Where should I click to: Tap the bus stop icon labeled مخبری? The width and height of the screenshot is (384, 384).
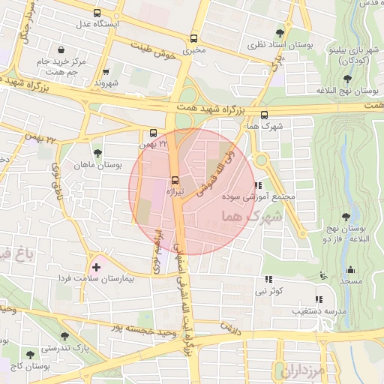coord(194,37)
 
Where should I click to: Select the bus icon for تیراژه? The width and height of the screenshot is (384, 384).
coord(175,180)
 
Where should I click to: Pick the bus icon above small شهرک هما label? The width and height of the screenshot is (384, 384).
coord(264,115)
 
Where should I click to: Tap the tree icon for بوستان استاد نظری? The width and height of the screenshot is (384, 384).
coord(280,33)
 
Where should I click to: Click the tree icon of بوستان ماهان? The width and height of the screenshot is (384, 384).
coord(97,153)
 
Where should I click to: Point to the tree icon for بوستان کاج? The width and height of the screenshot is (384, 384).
coord(31,354)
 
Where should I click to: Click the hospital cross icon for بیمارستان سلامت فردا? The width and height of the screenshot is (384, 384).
coord(96,265)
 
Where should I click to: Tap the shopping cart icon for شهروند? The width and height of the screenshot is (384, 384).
coord(106,73)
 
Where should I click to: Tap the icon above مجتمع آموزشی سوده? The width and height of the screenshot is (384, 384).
coord(258,185)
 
